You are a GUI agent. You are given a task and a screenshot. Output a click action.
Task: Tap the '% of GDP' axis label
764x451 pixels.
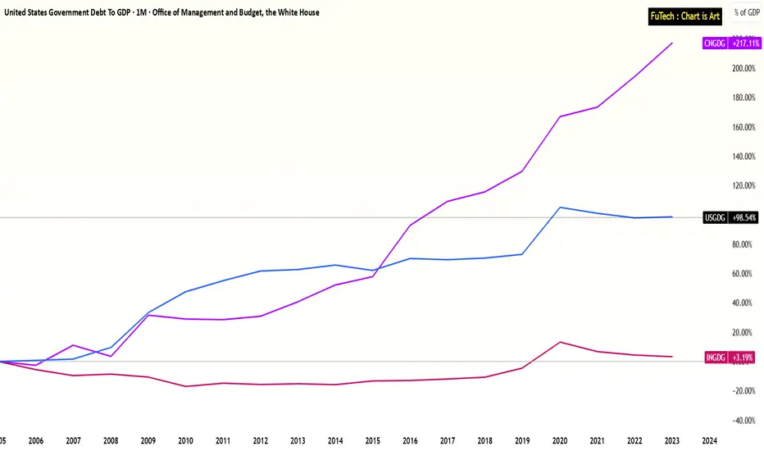point(746,12)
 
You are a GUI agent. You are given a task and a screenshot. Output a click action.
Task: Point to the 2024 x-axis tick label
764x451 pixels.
point(710,440)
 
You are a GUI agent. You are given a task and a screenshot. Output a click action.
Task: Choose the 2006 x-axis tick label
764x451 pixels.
point(36,440)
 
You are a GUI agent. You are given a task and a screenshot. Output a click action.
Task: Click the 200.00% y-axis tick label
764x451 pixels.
point(743,68)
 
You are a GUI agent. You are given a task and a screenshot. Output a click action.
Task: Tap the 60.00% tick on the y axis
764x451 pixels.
point(743,274)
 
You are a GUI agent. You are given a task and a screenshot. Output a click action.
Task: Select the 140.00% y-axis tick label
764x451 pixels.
point(743,156)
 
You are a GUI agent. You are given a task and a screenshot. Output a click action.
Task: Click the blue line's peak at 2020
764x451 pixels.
point(559,207)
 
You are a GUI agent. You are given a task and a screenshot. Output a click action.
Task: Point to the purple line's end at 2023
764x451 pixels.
point(672,43)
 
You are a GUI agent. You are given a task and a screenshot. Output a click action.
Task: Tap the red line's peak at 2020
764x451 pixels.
point(559,342)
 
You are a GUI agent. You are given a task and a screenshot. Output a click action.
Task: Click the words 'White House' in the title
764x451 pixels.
point(297,12)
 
